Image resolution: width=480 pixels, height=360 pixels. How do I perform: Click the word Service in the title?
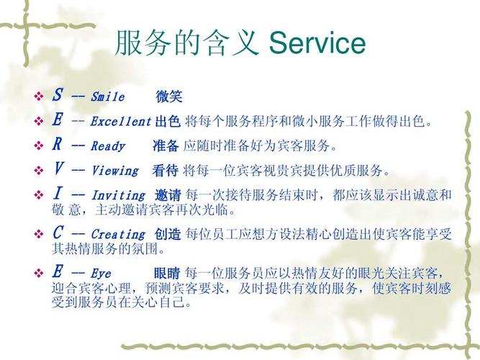click(x=317, y=43)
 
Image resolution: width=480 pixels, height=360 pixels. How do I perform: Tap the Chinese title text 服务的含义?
click(x=186, y=43)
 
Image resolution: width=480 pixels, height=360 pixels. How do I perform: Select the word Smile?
click(x=108, y=96)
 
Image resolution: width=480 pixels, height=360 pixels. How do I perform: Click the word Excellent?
click(x=121, y=122)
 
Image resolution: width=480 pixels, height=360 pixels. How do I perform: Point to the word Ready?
click(x=108, y=146)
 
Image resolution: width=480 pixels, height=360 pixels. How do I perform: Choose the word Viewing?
click(x=115, y=171)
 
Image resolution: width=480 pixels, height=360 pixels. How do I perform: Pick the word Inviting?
click(x=118, y=195)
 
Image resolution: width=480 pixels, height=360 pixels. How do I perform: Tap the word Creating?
click(x=118, y=235)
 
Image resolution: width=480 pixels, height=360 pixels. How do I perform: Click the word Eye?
click(x=101, y=274)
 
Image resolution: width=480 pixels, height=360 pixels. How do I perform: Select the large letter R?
click(x=57, y=144)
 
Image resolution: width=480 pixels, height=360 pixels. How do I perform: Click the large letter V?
click(x=58, y=168)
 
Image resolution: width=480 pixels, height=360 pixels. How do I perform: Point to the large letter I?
click(x=58, y=193)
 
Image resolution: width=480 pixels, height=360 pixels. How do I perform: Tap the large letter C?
click(x=58, y=233)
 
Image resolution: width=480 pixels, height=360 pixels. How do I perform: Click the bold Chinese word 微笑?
click(x=169, y=96)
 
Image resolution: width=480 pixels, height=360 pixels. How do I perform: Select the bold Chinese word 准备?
click(x=166, y=146)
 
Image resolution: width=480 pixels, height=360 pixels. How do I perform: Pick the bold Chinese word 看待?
click(x=166, y=171)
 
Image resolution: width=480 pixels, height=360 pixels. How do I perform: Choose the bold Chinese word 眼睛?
click(x=167, y=274)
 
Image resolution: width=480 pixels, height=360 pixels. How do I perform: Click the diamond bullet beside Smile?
click(x=39, y=96)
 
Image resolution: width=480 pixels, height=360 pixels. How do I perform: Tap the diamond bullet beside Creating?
click(x=39, y=235)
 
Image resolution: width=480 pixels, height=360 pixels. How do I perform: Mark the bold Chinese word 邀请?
click(x=168, y=195)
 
